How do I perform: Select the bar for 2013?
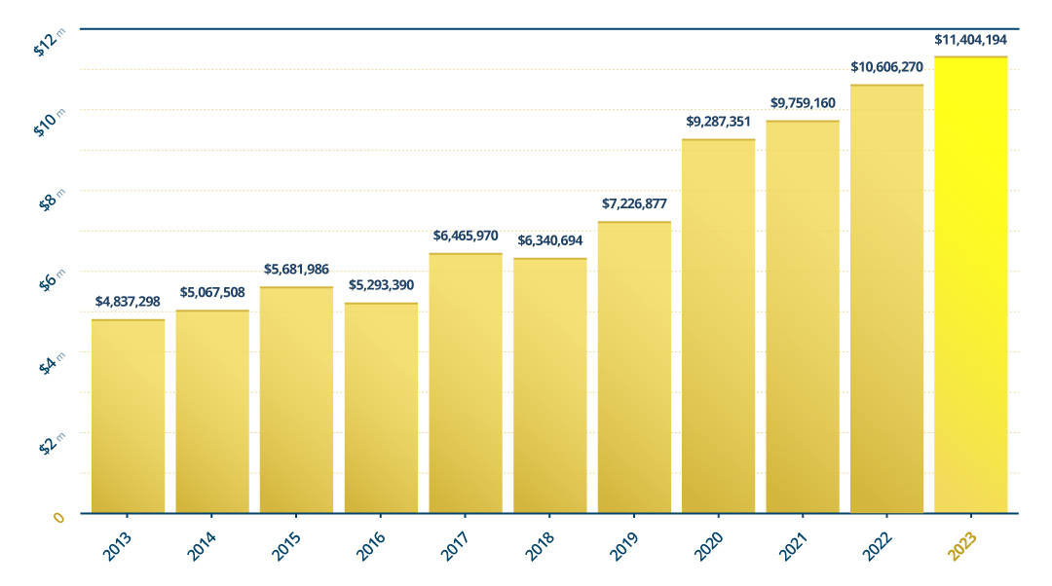pos(128,416)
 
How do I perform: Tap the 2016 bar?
pos(381,408)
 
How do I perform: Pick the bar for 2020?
pos(718,326)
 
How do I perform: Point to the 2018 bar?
pos(549,385)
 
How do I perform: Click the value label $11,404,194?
pos(970,41)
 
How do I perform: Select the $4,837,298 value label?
pos(128,302)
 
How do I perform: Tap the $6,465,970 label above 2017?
pos(466,236)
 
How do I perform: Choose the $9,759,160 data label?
pos(803,102)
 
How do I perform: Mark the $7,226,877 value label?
pos(634,203)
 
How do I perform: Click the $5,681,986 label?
pos(296,269)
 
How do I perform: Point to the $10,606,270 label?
pos(886,67)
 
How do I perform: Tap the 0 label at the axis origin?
pos(58,518)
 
